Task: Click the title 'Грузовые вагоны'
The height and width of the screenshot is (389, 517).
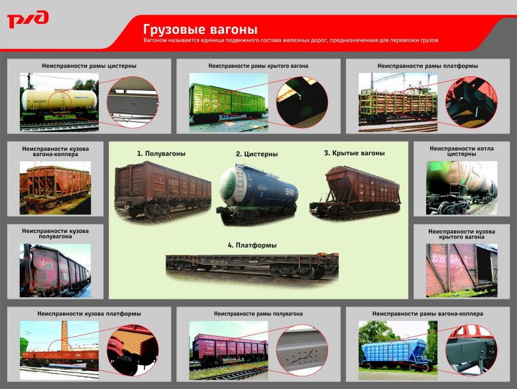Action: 200,30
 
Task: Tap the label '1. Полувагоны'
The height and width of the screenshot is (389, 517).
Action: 161,153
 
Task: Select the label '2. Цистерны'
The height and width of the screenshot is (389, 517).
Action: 257,154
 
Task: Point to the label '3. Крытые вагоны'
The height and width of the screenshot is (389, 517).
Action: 354,153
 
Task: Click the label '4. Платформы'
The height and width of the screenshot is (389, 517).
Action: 252,245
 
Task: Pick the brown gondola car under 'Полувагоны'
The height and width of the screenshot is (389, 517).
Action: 162,189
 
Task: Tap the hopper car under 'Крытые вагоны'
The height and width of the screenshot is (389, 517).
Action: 355,191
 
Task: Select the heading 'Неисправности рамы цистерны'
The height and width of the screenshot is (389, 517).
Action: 89,66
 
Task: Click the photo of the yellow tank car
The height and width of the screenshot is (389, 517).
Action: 59,101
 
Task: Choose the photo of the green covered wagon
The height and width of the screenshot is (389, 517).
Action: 229,102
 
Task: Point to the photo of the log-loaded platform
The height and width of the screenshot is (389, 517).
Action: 398,102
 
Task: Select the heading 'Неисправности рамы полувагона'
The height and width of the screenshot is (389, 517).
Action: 258,313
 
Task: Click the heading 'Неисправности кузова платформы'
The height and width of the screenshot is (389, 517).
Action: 89,313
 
